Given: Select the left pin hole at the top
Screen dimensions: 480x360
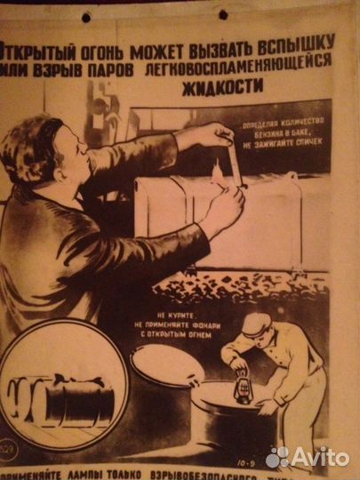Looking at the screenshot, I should pos(87,17).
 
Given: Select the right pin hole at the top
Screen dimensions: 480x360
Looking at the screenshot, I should pos(222,14).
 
